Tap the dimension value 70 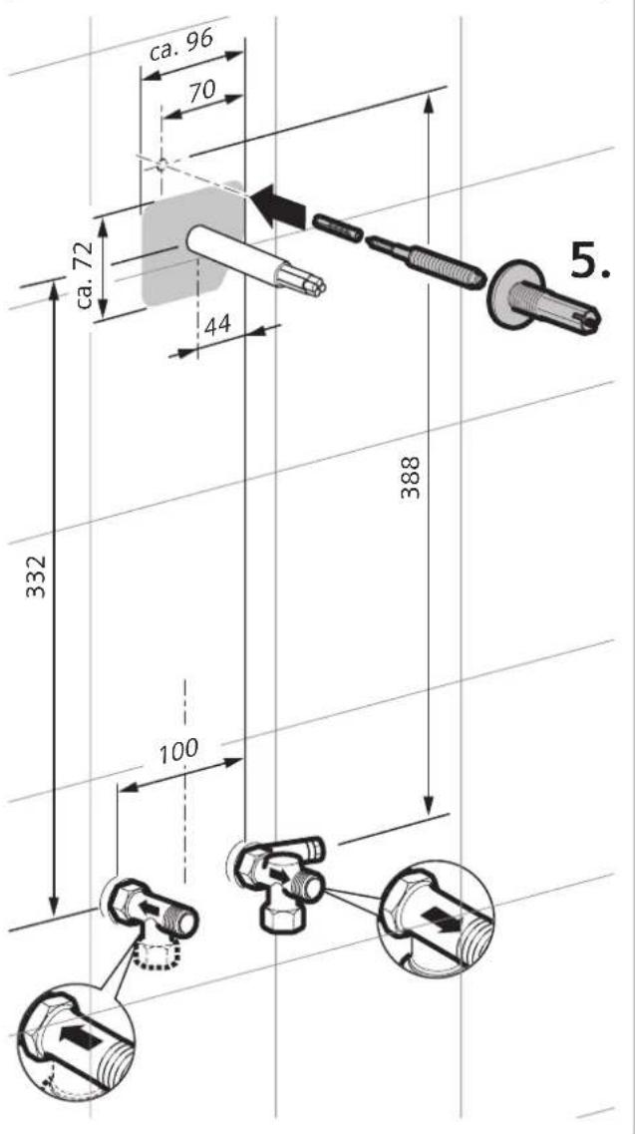pyautogui.click(x=201, y=92)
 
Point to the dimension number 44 pyautogui.click(x=217, y=325)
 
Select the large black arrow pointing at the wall pyautogui.click(x=278, y=204)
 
